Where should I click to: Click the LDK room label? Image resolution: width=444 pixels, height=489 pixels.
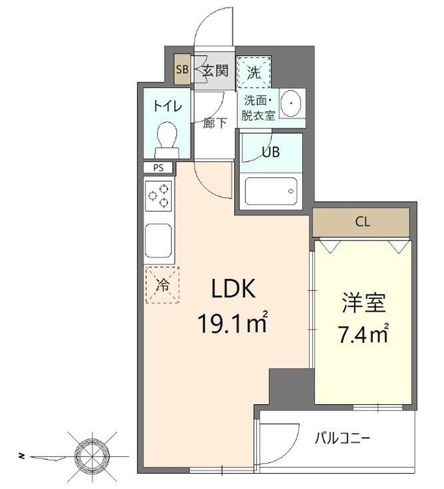[236, 290]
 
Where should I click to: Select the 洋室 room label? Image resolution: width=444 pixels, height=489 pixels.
[363, 302]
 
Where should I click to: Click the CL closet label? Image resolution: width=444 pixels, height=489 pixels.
[362, 223]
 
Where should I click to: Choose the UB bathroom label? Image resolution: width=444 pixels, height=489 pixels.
[271, 151]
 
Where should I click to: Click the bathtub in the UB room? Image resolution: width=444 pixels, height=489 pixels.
[271, 190]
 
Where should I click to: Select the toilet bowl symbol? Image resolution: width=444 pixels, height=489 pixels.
[166, 141]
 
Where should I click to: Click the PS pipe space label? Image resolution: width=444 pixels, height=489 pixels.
[158, 168]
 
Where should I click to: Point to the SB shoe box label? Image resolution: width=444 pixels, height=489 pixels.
[182, 71]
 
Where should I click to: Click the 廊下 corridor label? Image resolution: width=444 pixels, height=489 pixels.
[214, 123]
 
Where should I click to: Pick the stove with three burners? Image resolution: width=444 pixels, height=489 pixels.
[159, 199]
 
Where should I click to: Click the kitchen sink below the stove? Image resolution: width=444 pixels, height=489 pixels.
[159, 242]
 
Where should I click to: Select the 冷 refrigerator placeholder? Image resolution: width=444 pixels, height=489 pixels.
[162, 287]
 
